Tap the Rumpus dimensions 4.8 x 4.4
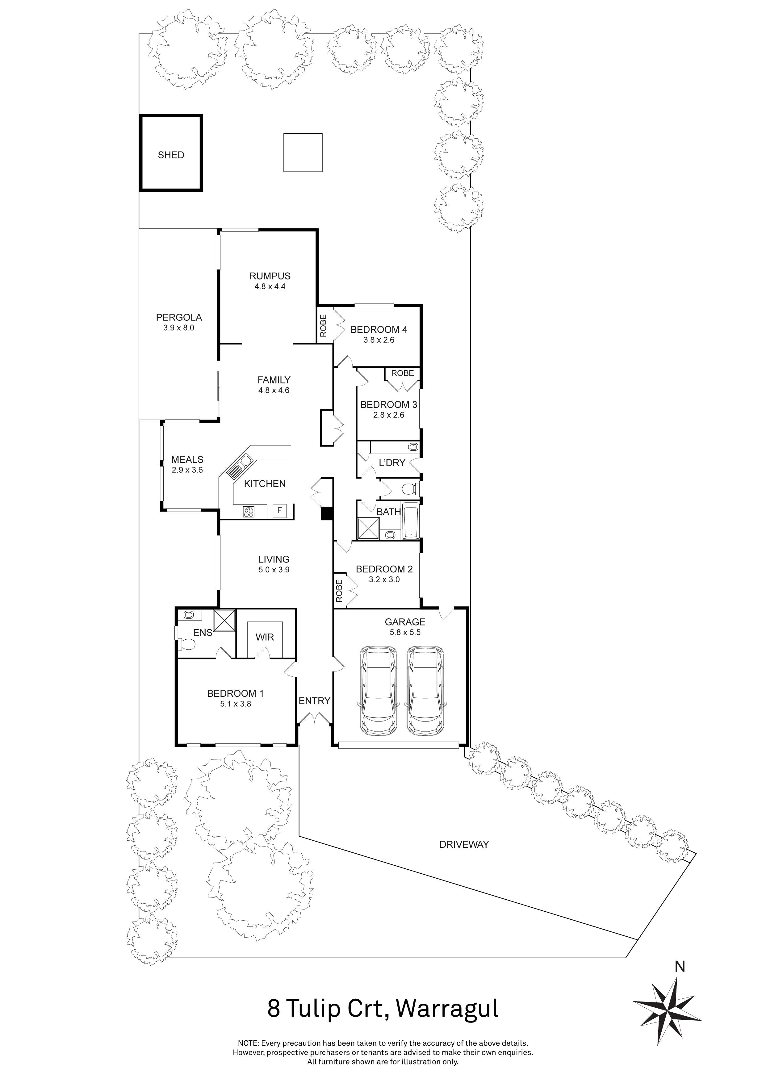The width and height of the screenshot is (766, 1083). click(270, 286)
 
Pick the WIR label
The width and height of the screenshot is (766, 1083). click(265, 637)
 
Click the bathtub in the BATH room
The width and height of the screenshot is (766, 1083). click(411, 521)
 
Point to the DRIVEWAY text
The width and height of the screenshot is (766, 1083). click(464, 844)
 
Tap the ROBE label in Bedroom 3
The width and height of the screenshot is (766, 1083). click(402, 373)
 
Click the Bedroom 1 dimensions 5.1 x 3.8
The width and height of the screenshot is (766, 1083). click(235, 704)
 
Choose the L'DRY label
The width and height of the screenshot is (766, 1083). click(392, 463)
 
